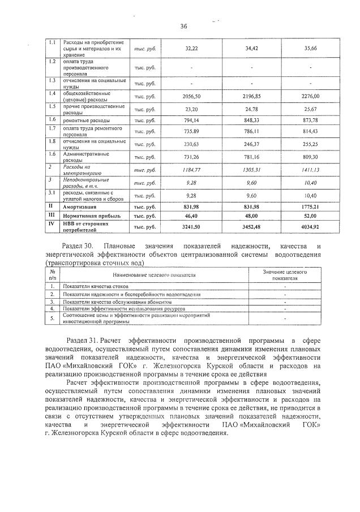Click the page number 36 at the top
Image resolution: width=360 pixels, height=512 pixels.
coord(183,26)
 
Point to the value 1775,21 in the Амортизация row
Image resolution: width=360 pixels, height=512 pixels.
coord(311,206)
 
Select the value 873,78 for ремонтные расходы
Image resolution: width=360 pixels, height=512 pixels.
coord(311,120)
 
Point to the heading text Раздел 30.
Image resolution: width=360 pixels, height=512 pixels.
coord(79,246)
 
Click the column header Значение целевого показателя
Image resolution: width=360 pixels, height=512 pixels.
coord(285,274)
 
